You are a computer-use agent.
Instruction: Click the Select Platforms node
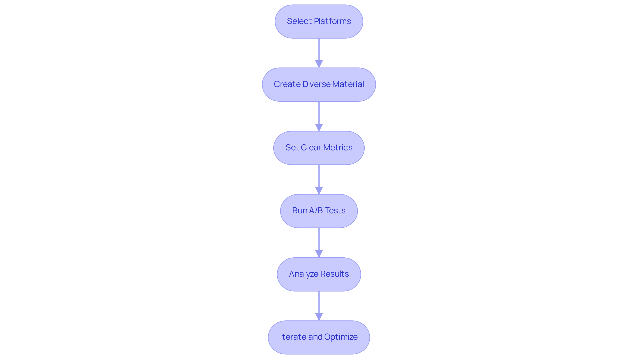319,21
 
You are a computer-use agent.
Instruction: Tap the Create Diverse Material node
319,84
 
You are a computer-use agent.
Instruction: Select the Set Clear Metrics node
319,148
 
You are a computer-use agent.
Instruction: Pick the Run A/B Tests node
319,211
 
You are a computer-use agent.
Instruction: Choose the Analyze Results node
319,274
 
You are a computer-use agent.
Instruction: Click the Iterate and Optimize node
319,337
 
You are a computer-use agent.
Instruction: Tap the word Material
348,84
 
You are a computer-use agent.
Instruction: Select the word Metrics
338,148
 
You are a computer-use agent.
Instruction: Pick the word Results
333,274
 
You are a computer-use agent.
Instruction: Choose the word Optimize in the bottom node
341,337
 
